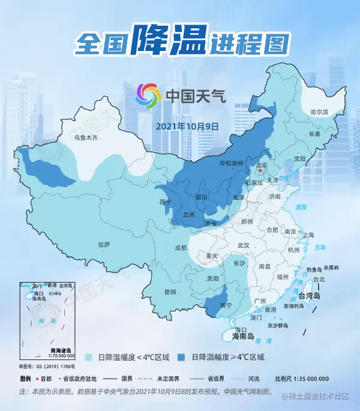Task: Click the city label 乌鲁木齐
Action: point(85,137)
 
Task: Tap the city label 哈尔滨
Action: point(320,112)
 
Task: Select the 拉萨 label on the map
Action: point(104,244)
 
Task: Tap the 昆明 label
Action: point(170,292)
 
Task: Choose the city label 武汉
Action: point(243,245)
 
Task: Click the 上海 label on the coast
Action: point(309,235)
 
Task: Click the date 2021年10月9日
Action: point(187,127)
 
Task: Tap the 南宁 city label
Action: point(226,305)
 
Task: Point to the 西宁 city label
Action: point(165,202)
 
